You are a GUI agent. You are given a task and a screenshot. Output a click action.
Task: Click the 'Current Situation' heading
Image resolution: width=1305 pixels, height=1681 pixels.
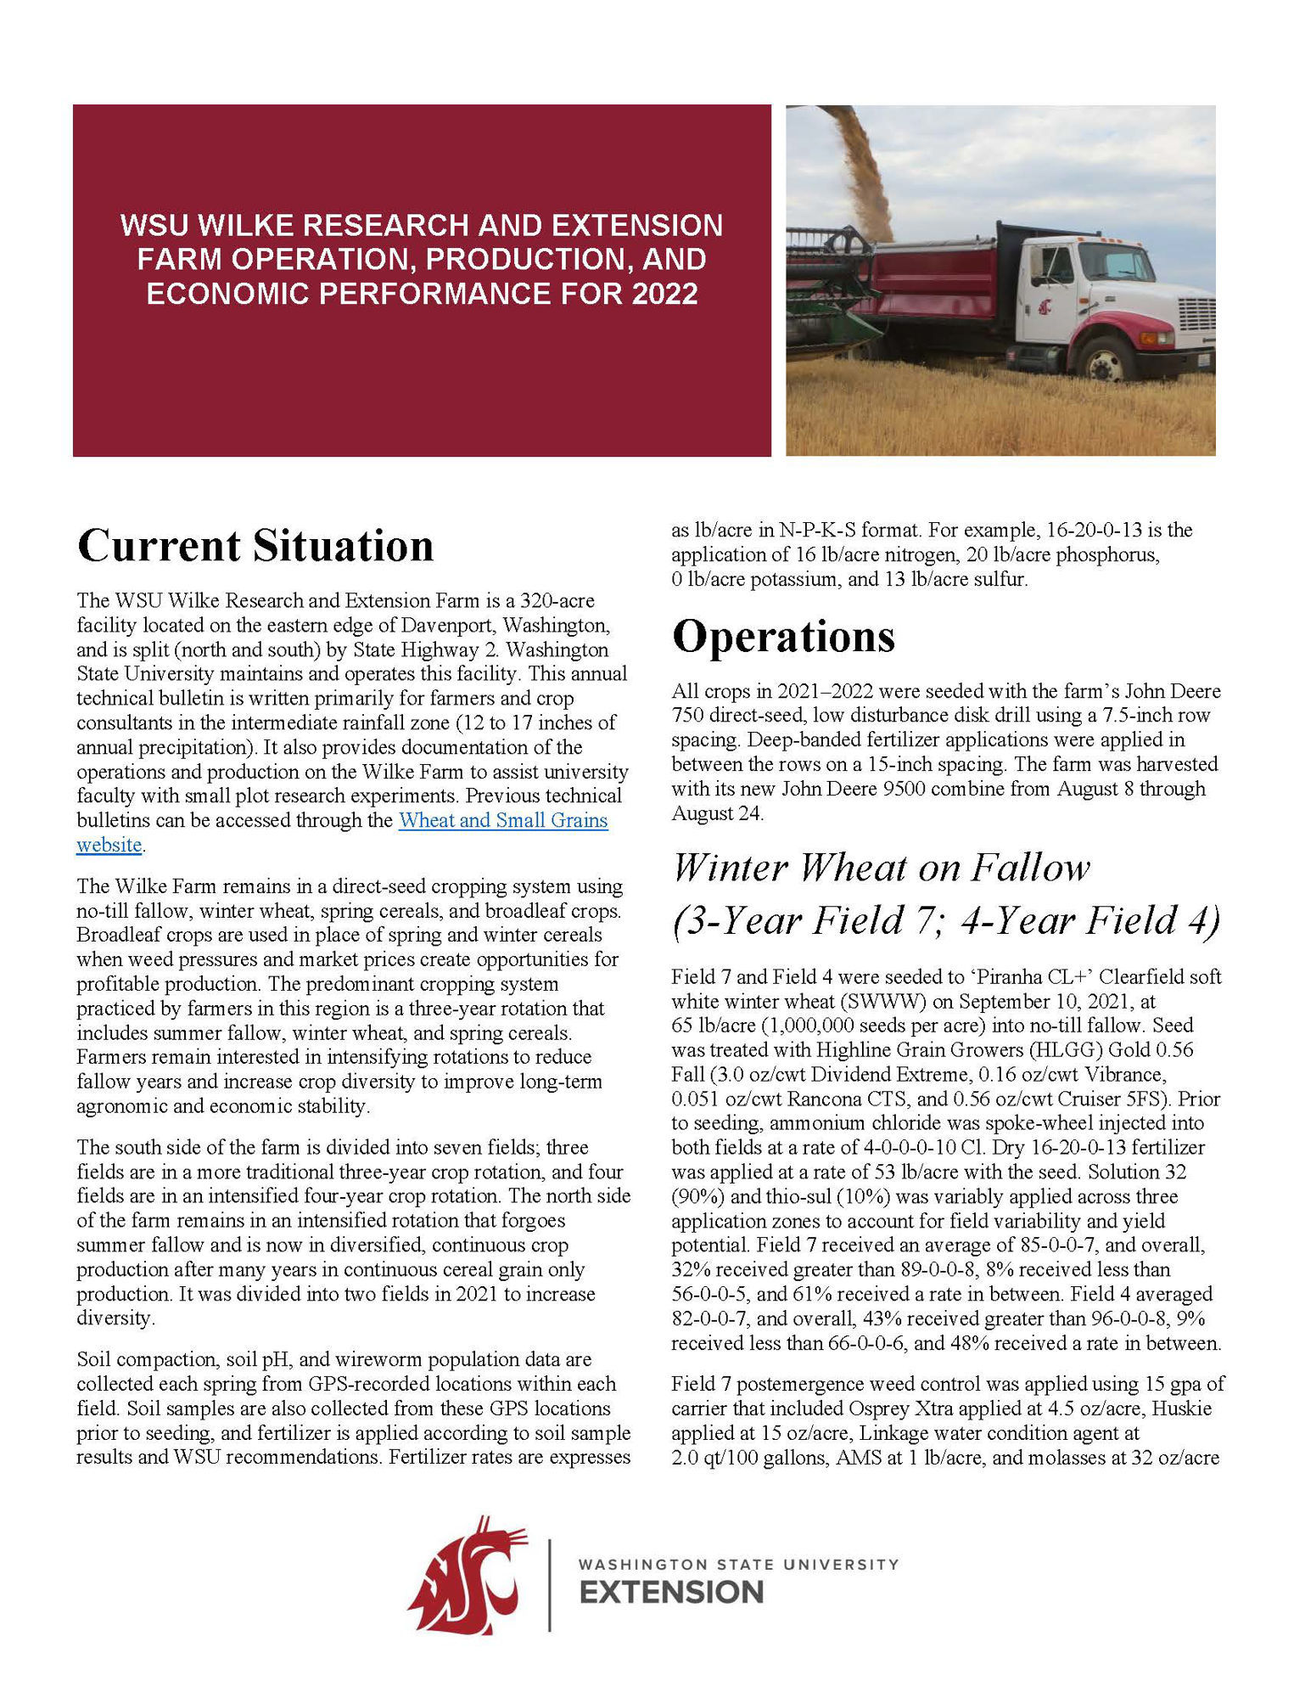click(255, 546)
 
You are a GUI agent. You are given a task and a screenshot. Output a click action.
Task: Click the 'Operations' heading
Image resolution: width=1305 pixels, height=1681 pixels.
click(783, 636)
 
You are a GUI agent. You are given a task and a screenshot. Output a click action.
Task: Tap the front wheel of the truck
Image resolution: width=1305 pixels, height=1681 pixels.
click(1105, 360)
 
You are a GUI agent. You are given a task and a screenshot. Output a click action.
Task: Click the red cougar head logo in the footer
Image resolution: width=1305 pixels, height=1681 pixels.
click(468, 1575)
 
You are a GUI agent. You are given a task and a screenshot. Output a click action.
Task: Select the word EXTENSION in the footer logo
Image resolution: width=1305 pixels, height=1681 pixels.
click(671, 1593)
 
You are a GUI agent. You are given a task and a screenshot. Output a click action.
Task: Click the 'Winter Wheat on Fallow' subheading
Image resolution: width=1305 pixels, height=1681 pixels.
click(881, 868)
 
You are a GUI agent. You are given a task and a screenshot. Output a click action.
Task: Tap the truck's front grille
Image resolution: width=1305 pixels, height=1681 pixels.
click(1197, 315)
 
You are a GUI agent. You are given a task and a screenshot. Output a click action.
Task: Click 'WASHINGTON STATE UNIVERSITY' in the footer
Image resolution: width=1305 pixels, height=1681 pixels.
click(738, 1564)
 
